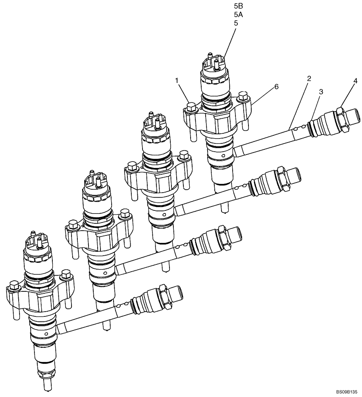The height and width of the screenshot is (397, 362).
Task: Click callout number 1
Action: [x=177, y=81]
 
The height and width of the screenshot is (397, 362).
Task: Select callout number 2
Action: [x=309, y=78]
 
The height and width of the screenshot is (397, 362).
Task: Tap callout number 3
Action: [x=321, y=92]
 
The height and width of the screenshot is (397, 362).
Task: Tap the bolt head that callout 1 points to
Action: [x=191, y=106]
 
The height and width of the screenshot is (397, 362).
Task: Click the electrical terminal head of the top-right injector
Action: [x=214, y=64]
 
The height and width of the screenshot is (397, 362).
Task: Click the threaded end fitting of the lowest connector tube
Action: [x=175, y=296]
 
